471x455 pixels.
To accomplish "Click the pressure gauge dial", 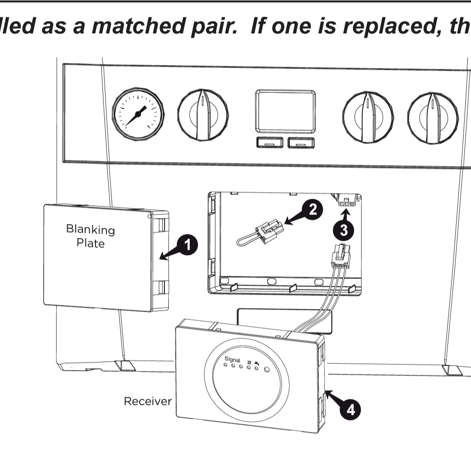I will (138, 114).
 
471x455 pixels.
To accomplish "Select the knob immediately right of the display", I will (368, 116).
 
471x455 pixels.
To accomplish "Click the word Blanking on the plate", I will (90, 229).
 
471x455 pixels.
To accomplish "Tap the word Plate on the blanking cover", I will (90, 243).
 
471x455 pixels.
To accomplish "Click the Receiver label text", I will (148, 401).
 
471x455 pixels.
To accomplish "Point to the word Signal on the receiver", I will (232, 359).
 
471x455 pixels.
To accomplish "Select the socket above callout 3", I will (345, 201).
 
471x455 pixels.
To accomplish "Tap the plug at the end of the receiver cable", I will (341, 257).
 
